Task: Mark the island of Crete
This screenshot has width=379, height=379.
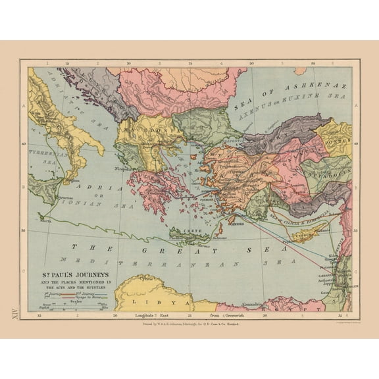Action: (x=188, y=234)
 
